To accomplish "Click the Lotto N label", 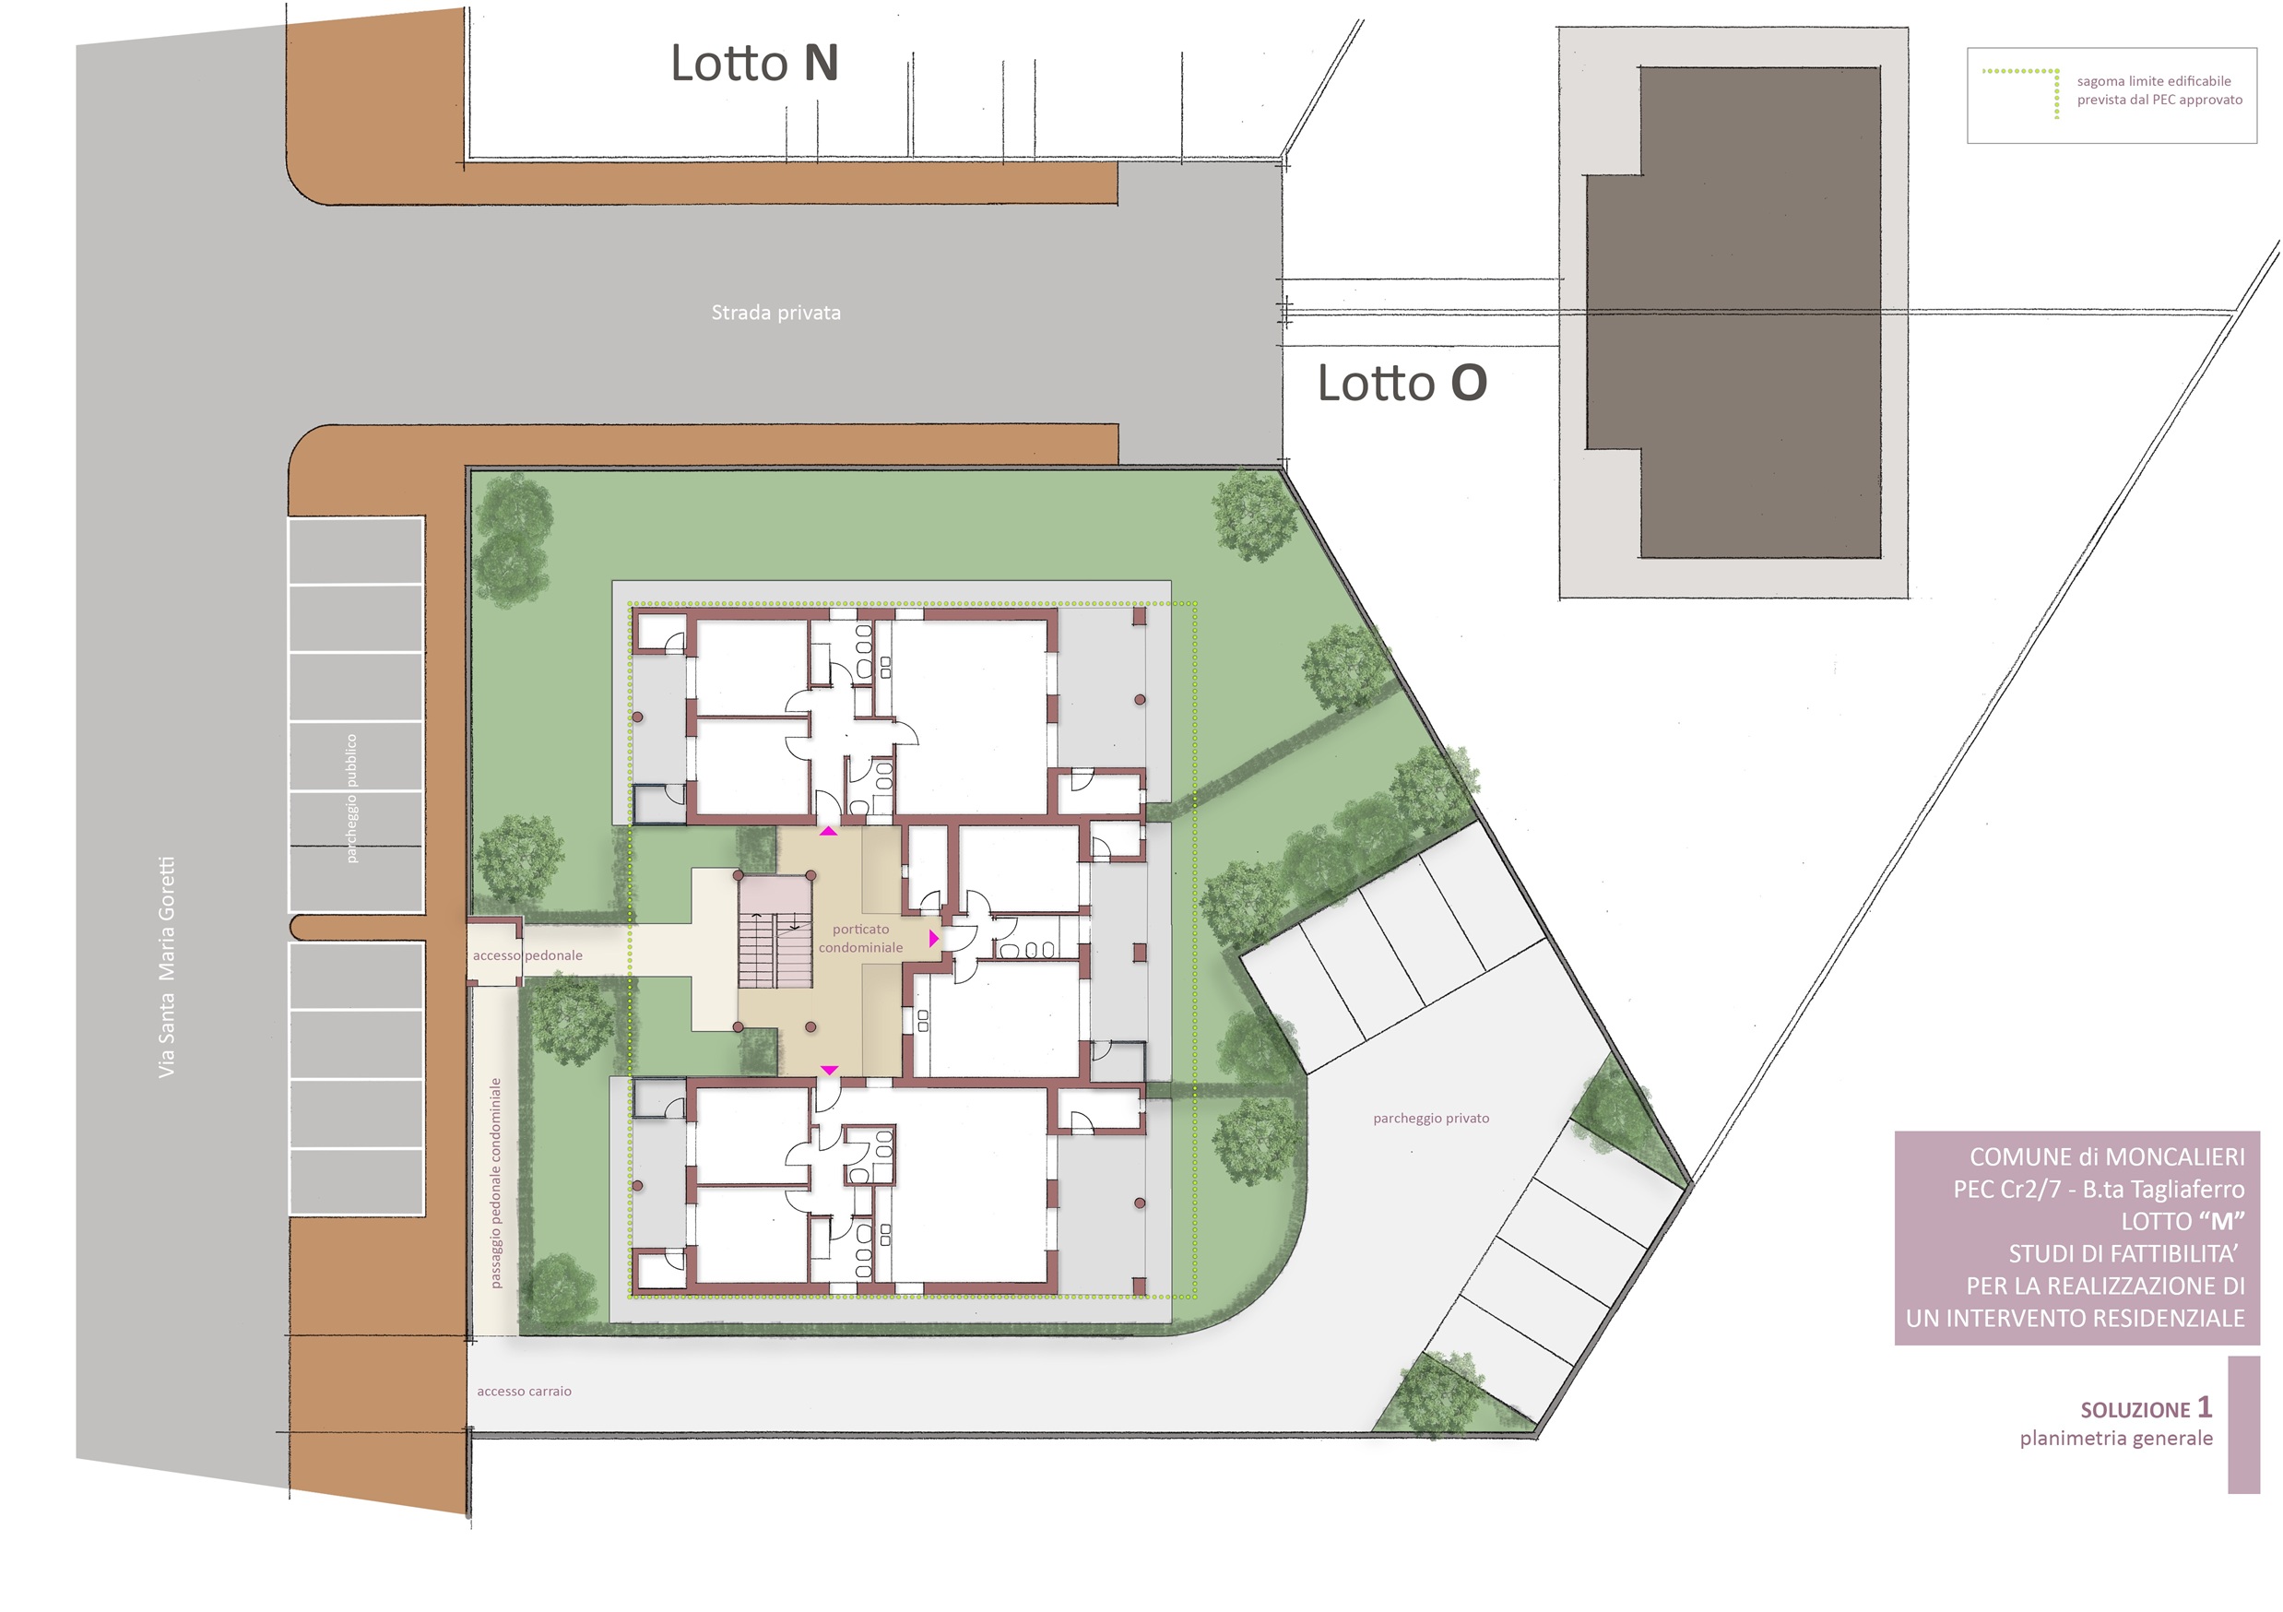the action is (755, 63).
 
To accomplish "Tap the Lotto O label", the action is (1402, 383).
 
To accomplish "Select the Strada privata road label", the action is (775, 313).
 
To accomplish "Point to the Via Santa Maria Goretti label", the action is (166, 966).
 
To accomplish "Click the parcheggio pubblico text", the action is (351, 799).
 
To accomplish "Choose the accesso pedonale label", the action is (528, 955).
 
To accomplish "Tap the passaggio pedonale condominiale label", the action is (496, 1183).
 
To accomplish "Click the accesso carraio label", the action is (524, 1392).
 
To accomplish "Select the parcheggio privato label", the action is (1431, 1119).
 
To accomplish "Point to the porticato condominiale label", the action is (861, 938).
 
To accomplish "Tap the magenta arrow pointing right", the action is (934, 938).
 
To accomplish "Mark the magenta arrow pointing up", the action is (828, 830).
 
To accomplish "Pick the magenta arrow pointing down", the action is (829, 1070).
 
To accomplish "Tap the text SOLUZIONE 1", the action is (2146, 1408).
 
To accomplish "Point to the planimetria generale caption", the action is (2116, 1439).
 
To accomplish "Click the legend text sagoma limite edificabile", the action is (2154, 81).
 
